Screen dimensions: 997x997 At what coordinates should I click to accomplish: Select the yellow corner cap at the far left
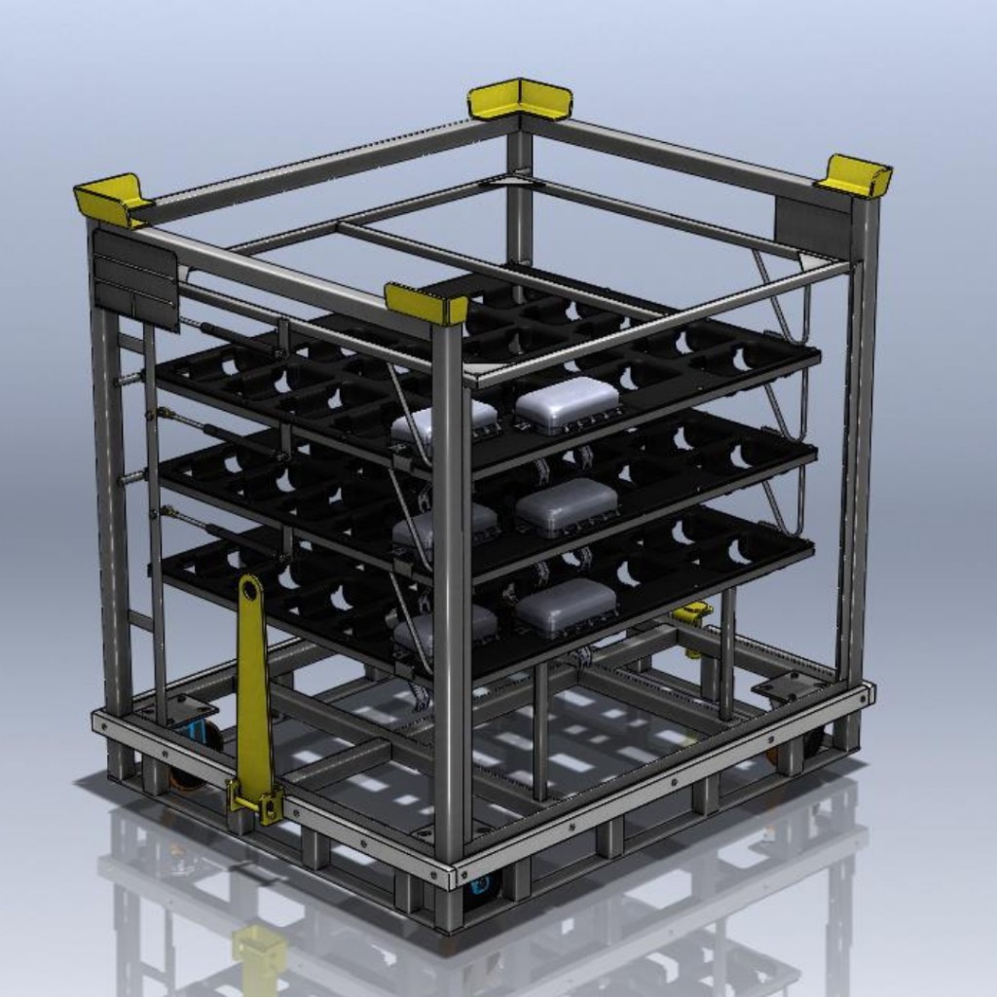coord(110,200)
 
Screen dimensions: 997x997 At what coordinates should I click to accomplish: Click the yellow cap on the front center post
coord(426,304)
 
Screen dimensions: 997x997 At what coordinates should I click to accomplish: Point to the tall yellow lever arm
coord(253,682)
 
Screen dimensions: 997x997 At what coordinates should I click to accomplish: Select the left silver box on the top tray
coord(444,423)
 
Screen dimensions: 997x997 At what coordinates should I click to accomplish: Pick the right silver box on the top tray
coord(568,404)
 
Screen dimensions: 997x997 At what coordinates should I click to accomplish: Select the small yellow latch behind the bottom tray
coord(693,613)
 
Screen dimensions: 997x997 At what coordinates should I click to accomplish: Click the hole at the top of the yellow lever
coord(250,590)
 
